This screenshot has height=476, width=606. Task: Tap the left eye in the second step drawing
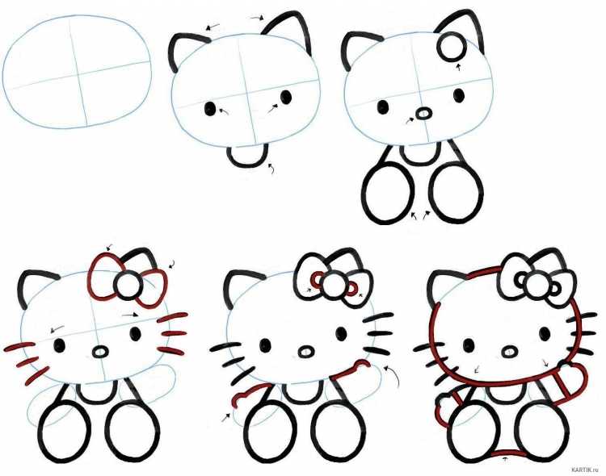tap(210, 109)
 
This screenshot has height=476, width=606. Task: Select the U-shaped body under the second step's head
tap(247, 157)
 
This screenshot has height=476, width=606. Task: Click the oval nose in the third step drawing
tap(424, 114)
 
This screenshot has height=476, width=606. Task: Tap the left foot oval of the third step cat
tap(387, 194)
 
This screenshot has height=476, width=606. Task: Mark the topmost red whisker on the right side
tap(172, 317)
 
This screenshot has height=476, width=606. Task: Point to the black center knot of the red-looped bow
tap(127, 285)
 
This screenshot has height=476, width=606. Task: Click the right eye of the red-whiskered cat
tap(135, 333)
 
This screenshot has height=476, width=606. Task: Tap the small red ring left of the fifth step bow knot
tap(318, 278)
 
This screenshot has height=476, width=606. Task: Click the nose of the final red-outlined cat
tap(510, 352)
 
